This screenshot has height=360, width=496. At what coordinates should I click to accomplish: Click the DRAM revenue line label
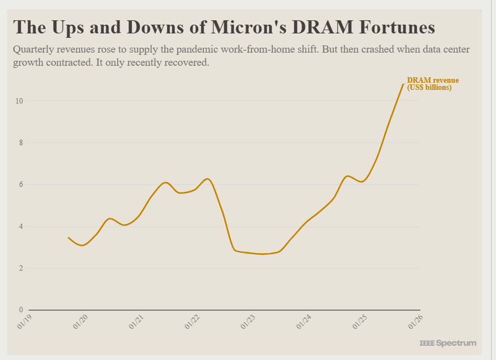[432, 84]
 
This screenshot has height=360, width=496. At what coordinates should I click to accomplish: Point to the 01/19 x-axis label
[25, 323]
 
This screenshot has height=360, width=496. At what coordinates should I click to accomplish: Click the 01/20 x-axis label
[81, 323]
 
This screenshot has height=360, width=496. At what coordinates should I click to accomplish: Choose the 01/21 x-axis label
[137, 323]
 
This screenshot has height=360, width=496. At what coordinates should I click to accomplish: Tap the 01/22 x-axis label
[193, 323]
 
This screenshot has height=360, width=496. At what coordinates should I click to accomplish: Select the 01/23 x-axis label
[249, 323]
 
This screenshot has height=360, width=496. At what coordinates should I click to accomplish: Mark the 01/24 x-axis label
[305, 323]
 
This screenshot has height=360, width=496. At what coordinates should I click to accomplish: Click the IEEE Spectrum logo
[448, 343]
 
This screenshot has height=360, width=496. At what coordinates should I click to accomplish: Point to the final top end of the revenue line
[403, 84]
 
